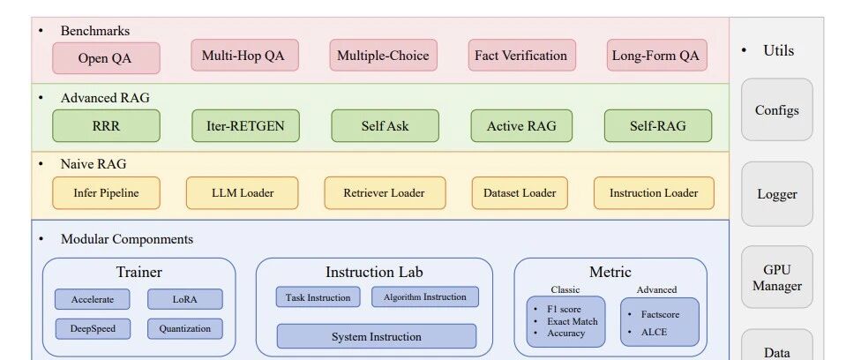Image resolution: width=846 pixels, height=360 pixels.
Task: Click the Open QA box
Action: pos(106,58)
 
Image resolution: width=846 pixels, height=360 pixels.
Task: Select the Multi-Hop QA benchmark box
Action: pos(244,55)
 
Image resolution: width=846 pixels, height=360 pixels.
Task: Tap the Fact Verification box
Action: pos(521,55)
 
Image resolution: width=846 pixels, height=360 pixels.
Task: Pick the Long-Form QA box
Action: pos(656,55)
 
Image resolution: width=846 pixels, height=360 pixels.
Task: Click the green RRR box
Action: pos(106,126)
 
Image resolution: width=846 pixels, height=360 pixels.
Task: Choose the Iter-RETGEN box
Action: pos(245,126)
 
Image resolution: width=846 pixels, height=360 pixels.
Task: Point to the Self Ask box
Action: pos(385,126)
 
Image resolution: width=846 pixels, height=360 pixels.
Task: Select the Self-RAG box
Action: pos(658,126)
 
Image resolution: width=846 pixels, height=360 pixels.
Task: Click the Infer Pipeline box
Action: pos(106,192)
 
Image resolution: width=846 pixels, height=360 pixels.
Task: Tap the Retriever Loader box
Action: pos(385,192)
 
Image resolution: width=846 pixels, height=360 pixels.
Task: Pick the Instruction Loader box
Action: pos(654,192)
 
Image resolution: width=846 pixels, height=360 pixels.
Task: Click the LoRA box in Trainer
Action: pos(184,299)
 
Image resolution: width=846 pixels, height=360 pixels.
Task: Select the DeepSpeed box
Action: pos(93,329)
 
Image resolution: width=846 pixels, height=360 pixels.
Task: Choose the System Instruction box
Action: pos(376,336)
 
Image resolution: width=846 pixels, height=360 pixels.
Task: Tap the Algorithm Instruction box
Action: pos(424,296)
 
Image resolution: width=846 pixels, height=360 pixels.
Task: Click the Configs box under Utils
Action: pos(776,109)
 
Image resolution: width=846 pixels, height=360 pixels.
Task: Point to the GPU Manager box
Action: pos(776,277)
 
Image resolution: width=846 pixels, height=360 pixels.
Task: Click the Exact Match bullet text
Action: pos(573,321)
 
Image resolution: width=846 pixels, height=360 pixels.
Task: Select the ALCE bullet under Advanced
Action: pos(654,333)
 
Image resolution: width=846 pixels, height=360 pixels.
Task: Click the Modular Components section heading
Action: pos(127,239)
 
